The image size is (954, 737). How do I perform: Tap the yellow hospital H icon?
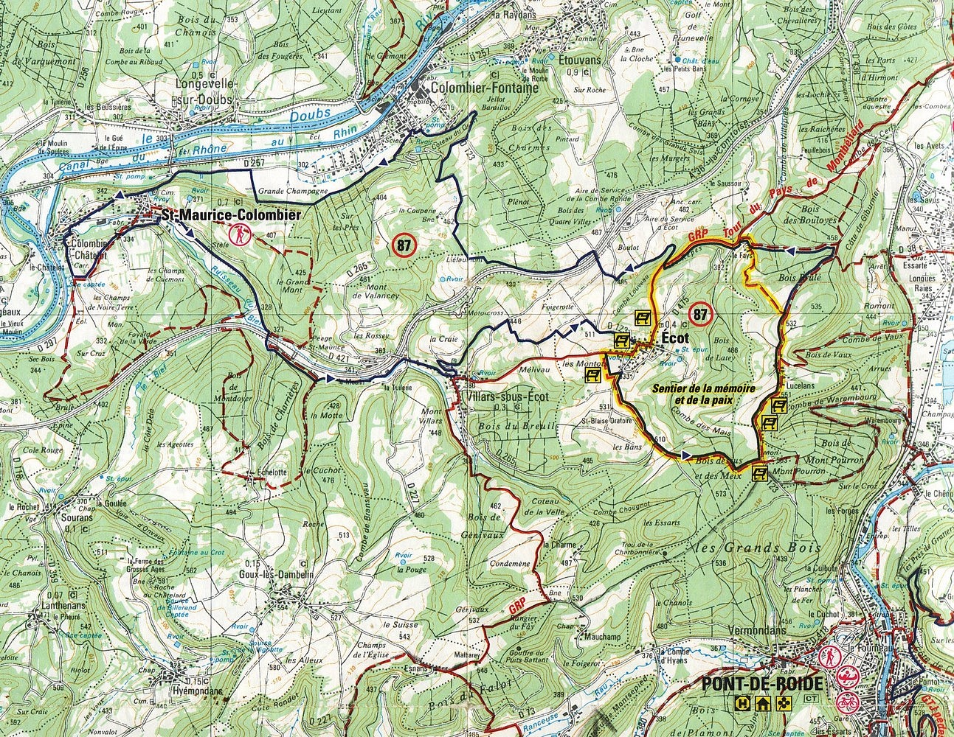tap(740, 705)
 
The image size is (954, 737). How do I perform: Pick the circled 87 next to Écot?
tap(699, 315)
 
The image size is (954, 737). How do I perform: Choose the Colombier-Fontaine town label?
tap(476, 86)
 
